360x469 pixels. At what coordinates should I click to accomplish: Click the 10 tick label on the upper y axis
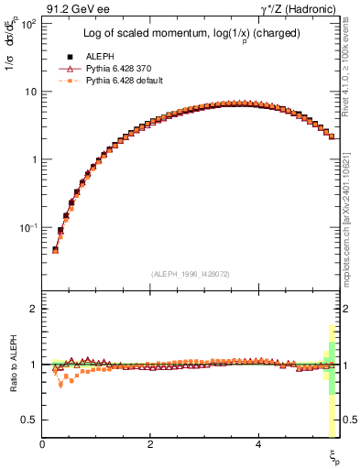[x=30, y=92]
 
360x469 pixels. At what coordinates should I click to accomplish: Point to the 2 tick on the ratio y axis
[x=33, y=310]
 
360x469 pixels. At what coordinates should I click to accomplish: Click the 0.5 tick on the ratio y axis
[x=29, y=420]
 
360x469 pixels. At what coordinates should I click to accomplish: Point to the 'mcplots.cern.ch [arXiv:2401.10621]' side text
[x=351, y=211]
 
